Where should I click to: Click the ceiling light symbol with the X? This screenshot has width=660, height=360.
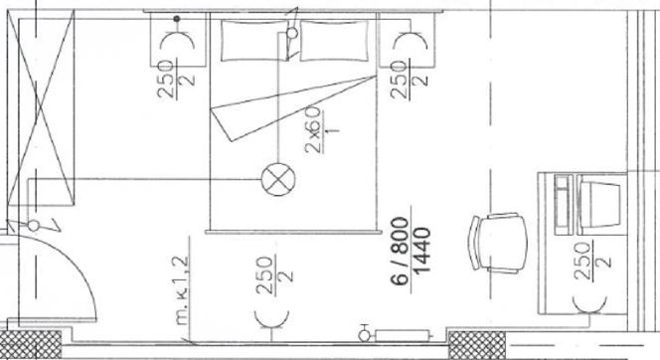click(x=278, y=179)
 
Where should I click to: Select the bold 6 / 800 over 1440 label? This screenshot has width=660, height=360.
click(x=410, y=251)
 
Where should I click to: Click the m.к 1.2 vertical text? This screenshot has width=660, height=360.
click(x=182, y=291)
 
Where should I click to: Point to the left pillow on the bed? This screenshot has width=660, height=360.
click(x=254, y=41)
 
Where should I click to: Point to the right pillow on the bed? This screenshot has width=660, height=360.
click(x=334, y=41)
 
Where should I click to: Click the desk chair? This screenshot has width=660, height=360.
click(x=499, y=243)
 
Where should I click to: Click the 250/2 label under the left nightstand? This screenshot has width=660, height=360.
click(x=176, y=79)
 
